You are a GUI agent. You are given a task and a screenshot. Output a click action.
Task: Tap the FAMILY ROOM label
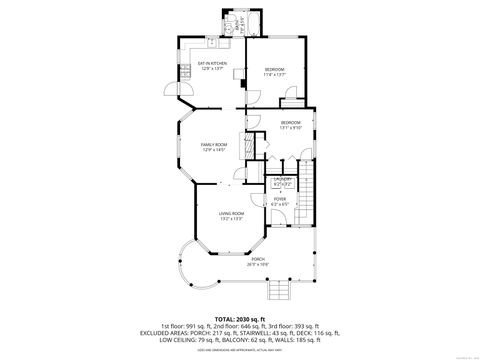coord(215,147)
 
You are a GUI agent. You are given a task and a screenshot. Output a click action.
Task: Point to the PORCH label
coord(258,262)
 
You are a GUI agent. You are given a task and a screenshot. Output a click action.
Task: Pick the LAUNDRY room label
coord(283,180)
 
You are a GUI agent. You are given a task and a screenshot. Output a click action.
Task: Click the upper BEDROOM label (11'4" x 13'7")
coord(275,71)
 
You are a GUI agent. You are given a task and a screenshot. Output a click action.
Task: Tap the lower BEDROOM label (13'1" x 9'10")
coord(291,124)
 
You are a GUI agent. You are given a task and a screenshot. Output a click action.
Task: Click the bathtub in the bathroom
coord(252,21)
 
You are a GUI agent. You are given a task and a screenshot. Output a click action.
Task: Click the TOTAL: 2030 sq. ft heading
coord(240,316)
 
